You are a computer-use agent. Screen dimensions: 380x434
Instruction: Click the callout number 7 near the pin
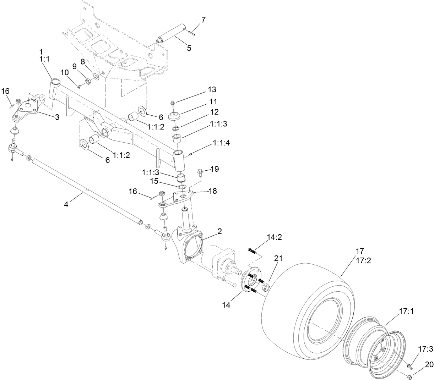click(x=204, y=20)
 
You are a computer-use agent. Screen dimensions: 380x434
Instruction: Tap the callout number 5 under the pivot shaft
click(x=189, y=48)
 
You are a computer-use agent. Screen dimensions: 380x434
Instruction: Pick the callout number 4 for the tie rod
click(x=66, y=204)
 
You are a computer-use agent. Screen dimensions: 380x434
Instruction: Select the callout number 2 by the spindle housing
click(x=219, y=231)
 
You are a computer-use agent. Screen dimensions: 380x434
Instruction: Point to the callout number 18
click(x=213, y=191)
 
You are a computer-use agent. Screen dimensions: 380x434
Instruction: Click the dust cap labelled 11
click(x=174, y=116)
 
